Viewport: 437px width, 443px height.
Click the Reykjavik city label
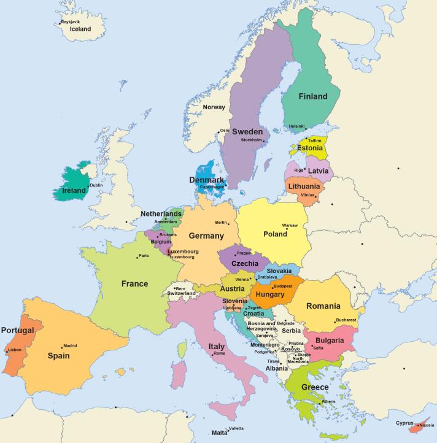pyautogui.click(x=71, y=21)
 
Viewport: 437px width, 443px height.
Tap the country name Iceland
pyautogui.click(x=80, y=29)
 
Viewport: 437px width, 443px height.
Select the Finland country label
pyautogui.click(x=312, y=96)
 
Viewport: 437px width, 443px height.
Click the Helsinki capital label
pyautogui.click(x=296, y=126)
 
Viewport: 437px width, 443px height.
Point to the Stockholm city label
pyautogui.click(x=252, y=140)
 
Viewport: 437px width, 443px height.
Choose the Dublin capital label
pyautogui.click(x=96, y=185)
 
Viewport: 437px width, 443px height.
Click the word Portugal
pyautogui.click(x=17, y=330)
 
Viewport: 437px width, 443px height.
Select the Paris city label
pyautogui.click(x=144, y=256)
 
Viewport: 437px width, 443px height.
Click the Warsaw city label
pyautogui.click(x=290, y=225)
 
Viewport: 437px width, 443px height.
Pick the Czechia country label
pyautogui.click(x=244, y=263)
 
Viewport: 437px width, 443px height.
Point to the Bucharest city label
pyautogui.click(x=346, y=320)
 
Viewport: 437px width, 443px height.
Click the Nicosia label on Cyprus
pyautogui.click(x=427, y=425)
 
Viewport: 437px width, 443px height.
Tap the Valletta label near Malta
pyautogui.click(x=236, y=428)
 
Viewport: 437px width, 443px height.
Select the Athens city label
pyautogui.click(x=328, y=401)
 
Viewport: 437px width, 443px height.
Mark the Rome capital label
pyautogui.click(x=219, y=353)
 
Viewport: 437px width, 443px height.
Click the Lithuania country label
pyautogui.click(x=304, y=187)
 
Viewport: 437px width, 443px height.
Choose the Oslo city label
pyautogui.click(x=225, y=130)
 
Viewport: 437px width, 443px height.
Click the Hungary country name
pyautogui.click(x=269, y=295)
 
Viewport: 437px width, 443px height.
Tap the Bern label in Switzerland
pyautogui.click(x=180, y=288)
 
